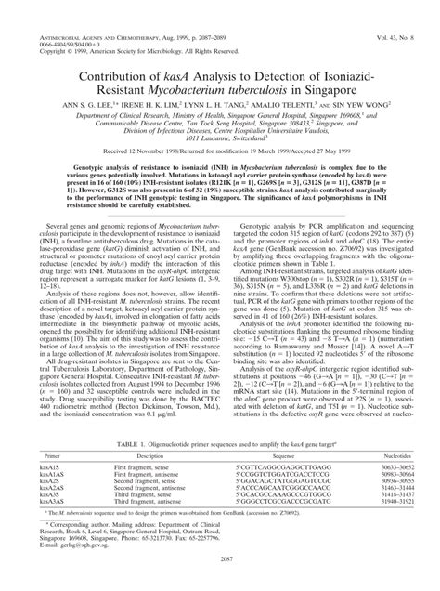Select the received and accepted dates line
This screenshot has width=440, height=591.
pos(220,175)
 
